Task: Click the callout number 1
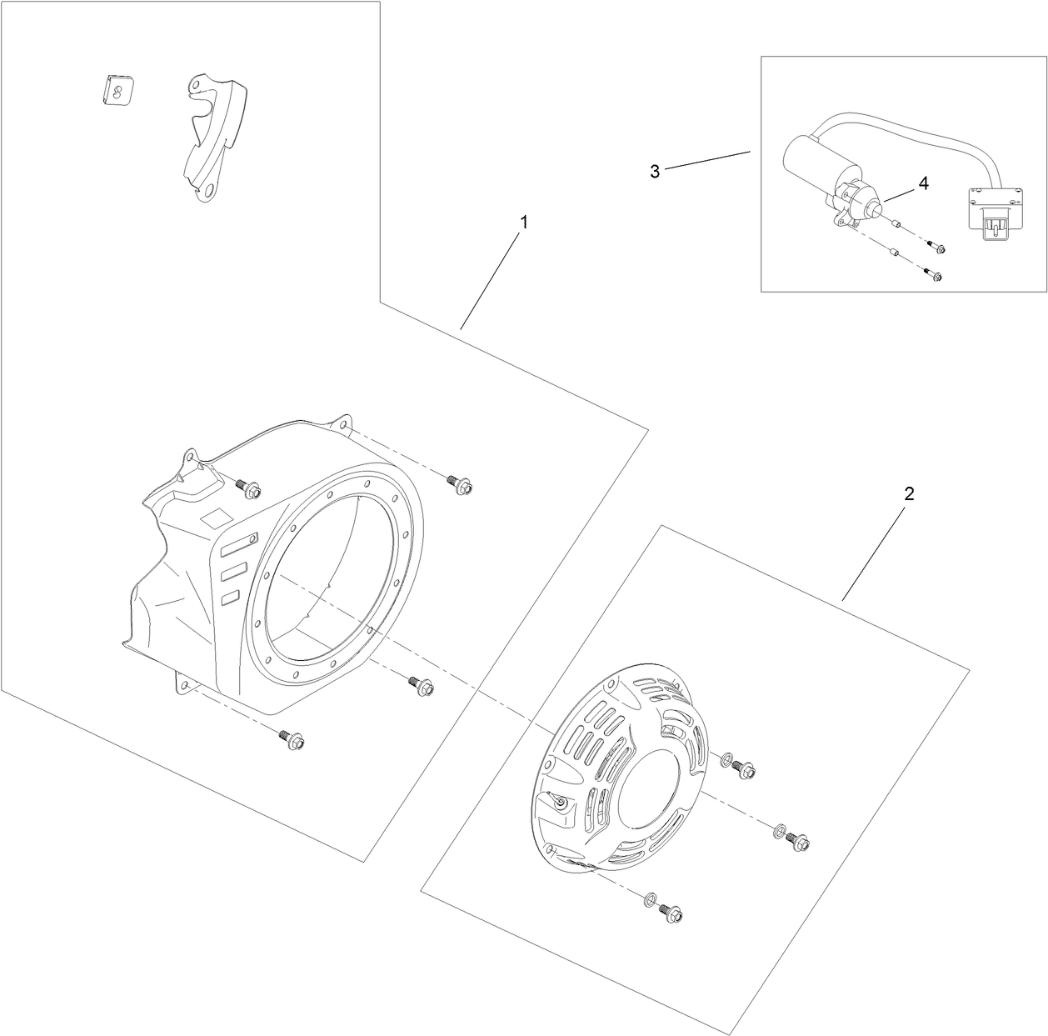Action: (524, 222)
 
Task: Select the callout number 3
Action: (655, 172)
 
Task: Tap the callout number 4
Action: (924, 183)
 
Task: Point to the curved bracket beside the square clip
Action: (214, 138)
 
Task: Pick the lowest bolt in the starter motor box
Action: (933, 274)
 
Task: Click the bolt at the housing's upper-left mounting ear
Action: (248, 488)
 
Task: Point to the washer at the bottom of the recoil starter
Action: (650, 898)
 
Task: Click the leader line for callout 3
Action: (707, 160)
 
